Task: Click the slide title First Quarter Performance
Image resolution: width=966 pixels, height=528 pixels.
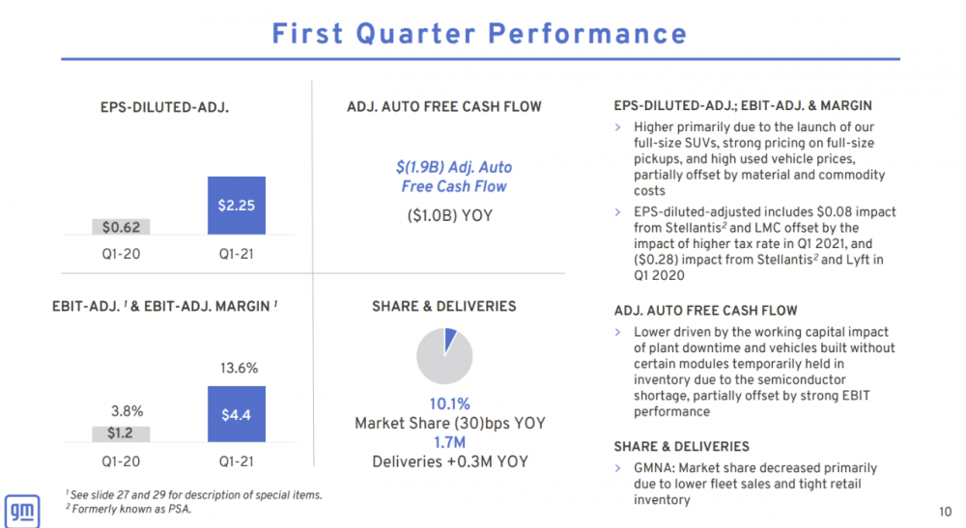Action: point(479,34)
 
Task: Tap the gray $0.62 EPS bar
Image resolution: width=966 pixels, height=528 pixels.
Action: point(121,227)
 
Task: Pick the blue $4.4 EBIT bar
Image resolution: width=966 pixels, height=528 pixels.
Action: point(237,414)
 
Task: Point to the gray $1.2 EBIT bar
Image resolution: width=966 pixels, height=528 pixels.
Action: point(121,432)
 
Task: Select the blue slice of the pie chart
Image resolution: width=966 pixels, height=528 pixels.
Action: point(449,339)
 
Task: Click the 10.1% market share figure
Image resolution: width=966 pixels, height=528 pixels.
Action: point(449,403)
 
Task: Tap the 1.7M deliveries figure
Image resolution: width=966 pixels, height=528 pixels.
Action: point(449,442)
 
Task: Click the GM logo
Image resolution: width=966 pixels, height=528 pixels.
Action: point(21,510)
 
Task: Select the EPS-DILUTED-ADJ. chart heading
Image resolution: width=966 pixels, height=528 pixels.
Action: point(165,107)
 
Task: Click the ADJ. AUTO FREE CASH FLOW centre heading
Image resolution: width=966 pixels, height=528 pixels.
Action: point(444,107)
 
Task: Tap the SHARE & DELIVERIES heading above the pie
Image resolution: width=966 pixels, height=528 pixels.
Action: point(444,306)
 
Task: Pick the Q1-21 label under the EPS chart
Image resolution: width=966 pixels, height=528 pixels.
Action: point(237,256)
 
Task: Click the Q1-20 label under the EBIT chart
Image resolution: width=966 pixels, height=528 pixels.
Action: point(121,461)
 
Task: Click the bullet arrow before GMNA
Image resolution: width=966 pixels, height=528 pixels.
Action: point(618,468)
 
